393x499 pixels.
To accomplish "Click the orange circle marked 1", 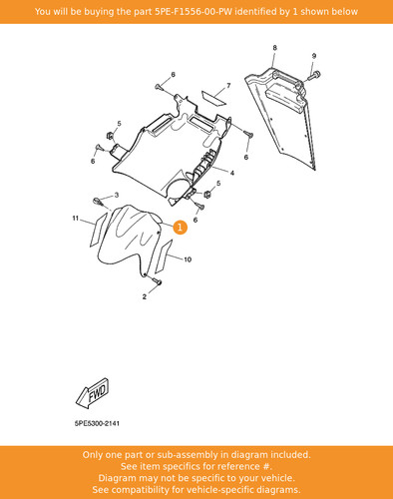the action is (x=180, y=228).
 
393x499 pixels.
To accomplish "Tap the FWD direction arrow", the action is (x=93, y=393).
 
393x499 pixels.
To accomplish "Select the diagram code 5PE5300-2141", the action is (x=97, y=423).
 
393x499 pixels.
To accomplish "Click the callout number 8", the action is (x=274, y=48).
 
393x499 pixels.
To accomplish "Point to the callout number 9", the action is (x=314, y=56).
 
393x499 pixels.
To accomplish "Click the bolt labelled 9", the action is (x=313, y=75).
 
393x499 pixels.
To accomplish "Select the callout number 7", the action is (x=228, y=86).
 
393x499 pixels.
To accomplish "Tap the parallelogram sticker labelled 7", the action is (x=213, y=97).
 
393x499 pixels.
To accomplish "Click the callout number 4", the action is (x=232, y=173).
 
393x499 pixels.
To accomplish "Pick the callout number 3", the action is (x=117, y=195).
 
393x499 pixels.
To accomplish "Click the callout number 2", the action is (x=145, y=296).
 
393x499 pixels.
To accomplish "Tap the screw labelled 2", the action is (x=157, y=281).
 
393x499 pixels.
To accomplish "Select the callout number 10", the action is (x=188, y=259).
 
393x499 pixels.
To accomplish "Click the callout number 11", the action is (x=76, y=219).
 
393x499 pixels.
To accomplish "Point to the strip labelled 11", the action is (x=99, y=230).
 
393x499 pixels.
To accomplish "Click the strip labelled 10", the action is (x=164, y=256).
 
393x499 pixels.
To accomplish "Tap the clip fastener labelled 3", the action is (x=97, y=202).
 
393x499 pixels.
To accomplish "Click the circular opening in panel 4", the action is (x=180, y=190).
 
